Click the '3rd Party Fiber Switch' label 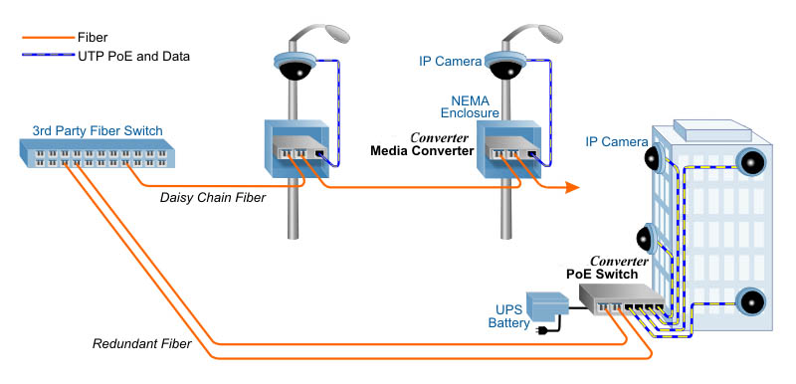pyautogui.click(x=97, y=130)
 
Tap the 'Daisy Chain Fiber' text pyautogui.click(x=213, y=198)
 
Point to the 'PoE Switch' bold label pyautogui.click(x=602, y=274)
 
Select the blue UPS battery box pyautogui.click(x=549, y=303)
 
